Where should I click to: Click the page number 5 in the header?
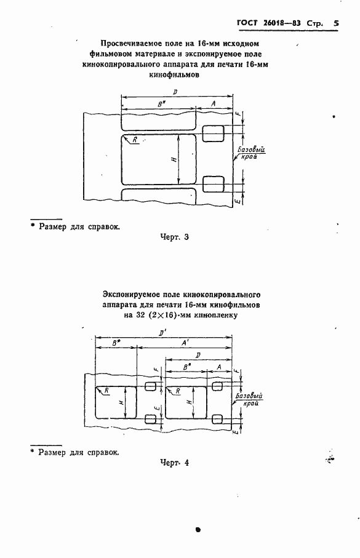[336, 23]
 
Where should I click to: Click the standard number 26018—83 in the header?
[284, 23]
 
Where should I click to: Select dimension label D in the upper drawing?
[176, 92]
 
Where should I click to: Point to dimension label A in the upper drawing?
[213, 105]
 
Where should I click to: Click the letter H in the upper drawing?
[174, 160]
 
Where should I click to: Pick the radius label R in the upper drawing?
[135, 140]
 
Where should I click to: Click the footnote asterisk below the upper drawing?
[33, 225]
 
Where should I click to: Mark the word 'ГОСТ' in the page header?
[247, 23]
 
